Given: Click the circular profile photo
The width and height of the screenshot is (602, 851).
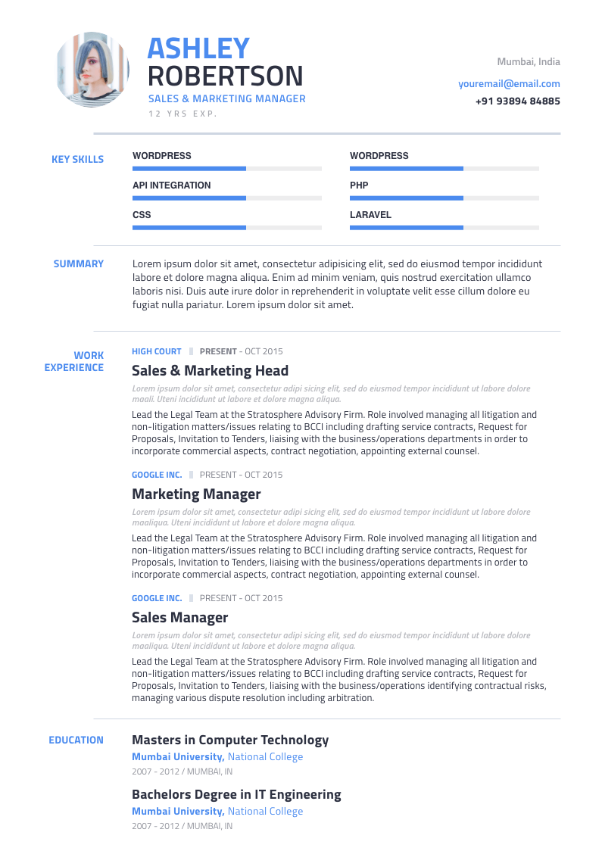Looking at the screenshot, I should (92, 70).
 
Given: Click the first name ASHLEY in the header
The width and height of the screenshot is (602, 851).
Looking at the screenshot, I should (198, 48).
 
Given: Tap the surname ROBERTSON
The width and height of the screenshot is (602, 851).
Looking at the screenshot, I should (225, 76).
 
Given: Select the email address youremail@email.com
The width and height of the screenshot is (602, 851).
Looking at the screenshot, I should (509, 84).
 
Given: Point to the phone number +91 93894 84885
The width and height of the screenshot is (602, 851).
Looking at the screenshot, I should (518, 101).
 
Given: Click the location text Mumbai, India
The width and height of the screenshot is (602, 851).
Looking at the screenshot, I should (529, 62).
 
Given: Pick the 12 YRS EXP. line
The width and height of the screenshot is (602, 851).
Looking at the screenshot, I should (182, 114).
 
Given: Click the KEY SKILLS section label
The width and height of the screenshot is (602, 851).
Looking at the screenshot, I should (77, 160).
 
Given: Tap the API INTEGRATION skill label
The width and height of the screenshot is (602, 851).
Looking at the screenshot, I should (172, 185).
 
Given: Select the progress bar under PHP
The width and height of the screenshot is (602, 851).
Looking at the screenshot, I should (444, 198).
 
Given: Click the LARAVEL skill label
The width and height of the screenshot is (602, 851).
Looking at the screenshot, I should (370, 215).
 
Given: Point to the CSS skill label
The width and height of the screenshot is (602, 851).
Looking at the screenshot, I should (142, 215).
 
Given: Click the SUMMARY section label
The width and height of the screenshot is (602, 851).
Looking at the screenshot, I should (78, 264).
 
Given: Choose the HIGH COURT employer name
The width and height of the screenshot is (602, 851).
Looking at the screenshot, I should (157, 351).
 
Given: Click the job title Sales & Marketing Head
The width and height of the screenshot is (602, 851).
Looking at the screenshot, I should (210, 371).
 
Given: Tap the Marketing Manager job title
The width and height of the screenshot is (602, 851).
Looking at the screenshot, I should (196, 494).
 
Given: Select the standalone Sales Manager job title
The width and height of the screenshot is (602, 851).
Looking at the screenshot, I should (179, 618).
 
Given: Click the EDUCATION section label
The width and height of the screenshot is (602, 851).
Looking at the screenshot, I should (76, 740).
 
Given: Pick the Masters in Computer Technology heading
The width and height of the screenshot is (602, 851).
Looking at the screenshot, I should (230, 740).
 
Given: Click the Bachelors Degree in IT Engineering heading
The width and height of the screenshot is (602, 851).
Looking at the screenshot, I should (236, 795).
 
